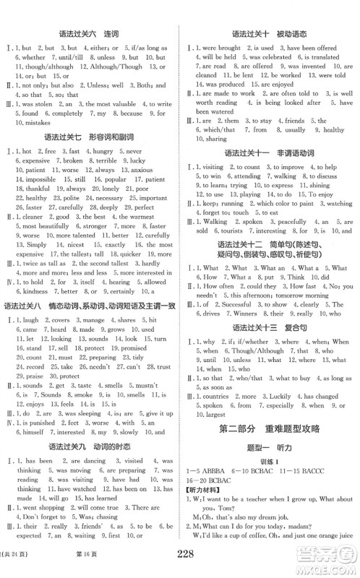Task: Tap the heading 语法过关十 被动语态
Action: tap(270, 35)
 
